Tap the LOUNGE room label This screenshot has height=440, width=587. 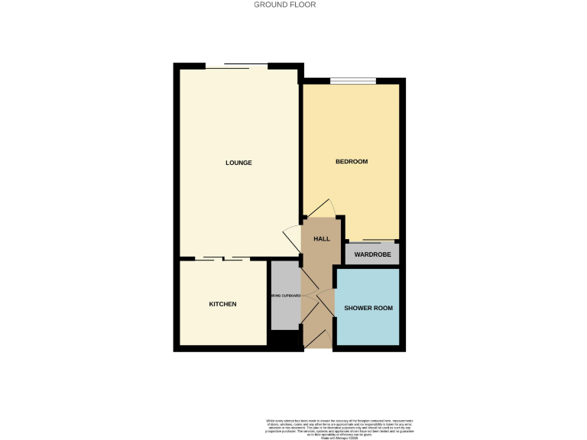click(x=238, y=163)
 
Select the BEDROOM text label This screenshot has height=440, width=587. click(x=352, y=162)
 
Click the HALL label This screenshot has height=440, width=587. click(x=322, y=239)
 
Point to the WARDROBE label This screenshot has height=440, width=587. click(x=372, y=254)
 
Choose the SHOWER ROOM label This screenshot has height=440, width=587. click(x=368, y=308)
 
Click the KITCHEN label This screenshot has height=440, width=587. click(x=222, y=304)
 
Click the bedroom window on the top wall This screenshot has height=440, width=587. click(x=353, y=80)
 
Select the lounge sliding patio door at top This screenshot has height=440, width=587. click(x=236, y=66)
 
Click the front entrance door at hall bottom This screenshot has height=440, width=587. click(x=317, y=339)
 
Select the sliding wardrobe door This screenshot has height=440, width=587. click(x=372, y=242)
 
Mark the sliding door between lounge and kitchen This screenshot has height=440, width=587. click(x=222, y=259)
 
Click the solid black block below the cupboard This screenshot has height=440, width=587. click(x=284, y=340)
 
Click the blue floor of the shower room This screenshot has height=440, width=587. click(x=368, y=325)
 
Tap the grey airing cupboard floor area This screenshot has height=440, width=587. click(x=284, y=313)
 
